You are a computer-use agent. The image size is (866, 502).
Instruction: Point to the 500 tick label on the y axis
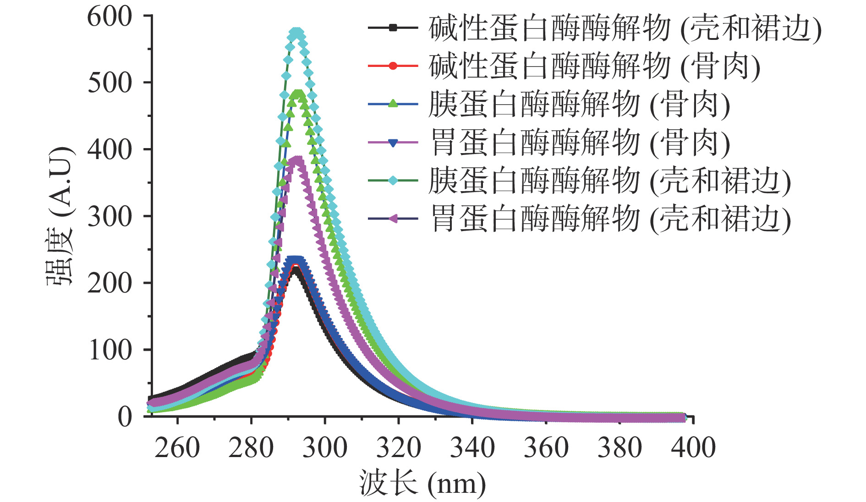click(x=110, y=83)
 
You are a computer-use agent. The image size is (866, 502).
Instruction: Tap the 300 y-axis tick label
click(x=110, y=216)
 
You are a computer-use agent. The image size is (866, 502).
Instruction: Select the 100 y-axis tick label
click(x=110, y=350)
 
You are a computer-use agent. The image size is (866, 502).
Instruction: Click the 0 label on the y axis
click(x=125, y=417)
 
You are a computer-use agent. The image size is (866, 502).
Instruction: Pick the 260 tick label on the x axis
click(x=177, y=448)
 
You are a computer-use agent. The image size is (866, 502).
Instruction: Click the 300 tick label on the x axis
click(x=325, y=448)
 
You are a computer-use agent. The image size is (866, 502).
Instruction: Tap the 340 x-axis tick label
click(x=472, y=448)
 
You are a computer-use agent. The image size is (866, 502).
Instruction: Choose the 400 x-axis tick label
click(x=693, y=448)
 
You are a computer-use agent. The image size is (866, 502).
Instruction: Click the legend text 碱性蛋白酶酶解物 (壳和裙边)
click(x=625, y=28)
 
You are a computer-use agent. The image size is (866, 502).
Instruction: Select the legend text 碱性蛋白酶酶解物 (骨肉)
click(x=594, y=66)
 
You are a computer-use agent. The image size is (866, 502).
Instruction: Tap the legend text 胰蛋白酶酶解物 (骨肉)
click(x=579, y=104)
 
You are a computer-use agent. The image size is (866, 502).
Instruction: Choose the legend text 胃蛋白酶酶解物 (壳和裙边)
click(x=610, y=219)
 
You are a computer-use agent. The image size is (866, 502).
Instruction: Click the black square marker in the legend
click(x=393, y=28)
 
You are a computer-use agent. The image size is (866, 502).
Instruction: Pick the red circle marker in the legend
click(x=393, y=66)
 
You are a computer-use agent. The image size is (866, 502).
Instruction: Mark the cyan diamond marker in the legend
click(x=393, y=180)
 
